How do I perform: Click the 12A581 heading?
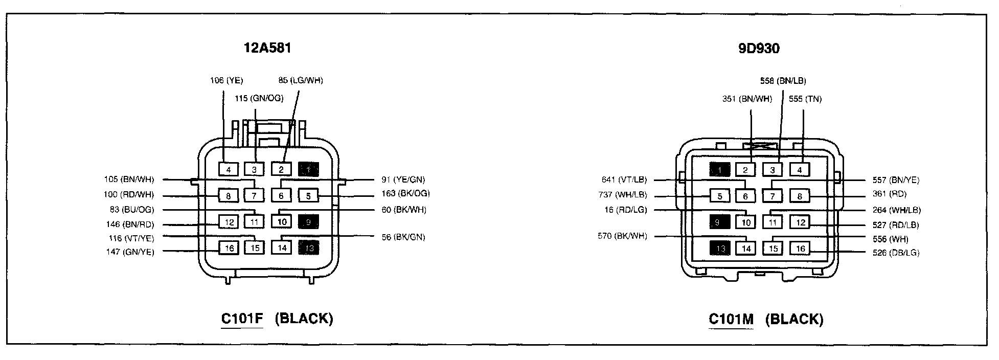pos(267,49)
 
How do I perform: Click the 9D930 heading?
pos(759,49)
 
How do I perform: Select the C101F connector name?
pos(242,319)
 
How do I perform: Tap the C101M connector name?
pos(731,319)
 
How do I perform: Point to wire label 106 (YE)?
pos(226,80)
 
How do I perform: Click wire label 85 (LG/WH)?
pos(301,80)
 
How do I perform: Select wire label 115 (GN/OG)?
pos(259,98)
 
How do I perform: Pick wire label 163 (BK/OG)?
pos(405,194)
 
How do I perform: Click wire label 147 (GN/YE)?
pos(130,252)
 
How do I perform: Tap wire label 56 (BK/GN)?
pos(403,237)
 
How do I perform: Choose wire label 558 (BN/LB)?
pos(783,81)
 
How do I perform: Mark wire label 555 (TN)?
pos(805,99)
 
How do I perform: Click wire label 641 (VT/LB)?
pos(624,179)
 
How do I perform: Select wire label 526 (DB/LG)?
pos(896,253)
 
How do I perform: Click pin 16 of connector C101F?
pos(230,248)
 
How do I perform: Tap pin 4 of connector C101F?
pos(229,169)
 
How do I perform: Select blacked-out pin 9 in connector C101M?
pos(719,222)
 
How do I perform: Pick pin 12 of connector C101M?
pos(800,222)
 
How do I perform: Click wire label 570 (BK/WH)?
pos(622,236)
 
